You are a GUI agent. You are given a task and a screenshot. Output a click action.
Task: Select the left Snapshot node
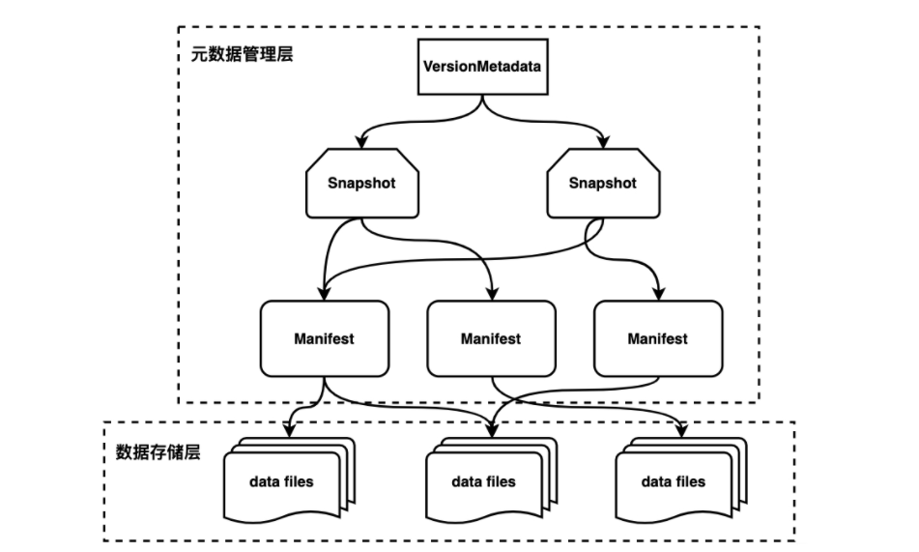[x=362, y=184]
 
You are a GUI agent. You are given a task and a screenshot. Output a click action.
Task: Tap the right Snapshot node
[x=603, y=184]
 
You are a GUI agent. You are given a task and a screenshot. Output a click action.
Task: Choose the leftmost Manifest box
[x=324, y=338]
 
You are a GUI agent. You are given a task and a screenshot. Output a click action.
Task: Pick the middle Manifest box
[x=491, y=338]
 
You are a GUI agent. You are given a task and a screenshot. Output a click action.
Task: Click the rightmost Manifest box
[x=657, y=338]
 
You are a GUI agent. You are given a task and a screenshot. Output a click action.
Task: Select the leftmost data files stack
[x=281, y=480]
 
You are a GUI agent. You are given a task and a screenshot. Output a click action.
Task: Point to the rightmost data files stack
[x=674, y=480]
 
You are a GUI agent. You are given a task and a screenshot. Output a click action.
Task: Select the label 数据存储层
[x=158, y=451]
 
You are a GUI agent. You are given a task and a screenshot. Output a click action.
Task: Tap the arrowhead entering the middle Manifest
[x=491, y=294]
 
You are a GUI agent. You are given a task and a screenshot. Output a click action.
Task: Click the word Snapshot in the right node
[x=603, y=184]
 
